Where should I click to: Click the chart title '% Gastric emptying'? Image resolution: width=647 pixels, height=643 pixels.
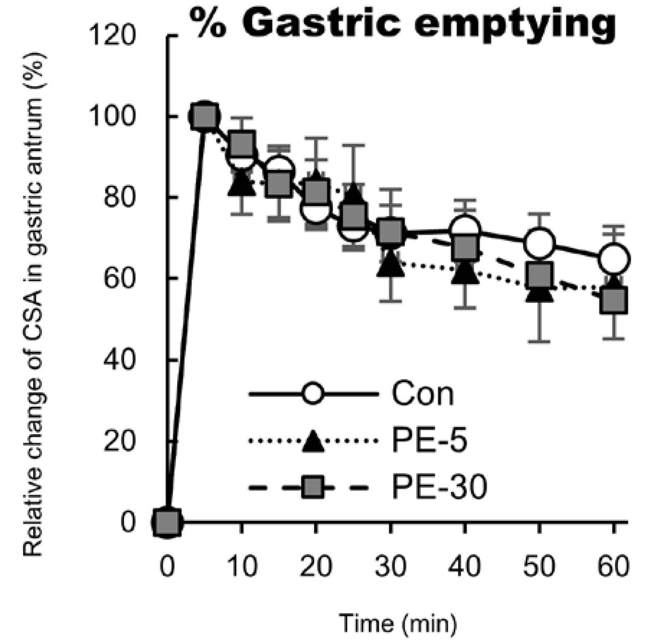coord(402,22)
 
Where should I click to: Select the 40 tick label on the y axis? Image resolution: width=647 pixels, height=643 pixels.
coord(118,360)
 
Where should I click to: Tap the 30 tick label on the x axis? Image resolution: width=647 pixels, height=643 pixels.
coord(390,566)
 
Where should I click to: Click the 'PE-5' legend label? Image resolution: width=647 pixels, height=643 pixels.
coord(429,441)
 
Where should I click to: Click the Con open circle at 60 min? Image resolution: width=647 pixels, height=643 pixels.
coord(614,258)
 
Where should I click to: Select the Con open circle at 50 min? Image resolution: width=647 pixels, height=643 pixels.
coord(539,242)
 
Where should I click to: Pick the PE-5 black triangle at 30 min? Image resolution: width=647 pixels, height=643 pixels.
coord(391,265)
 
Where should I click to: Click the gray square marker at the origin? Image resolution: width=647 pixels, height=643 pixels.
coord(167,522)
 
